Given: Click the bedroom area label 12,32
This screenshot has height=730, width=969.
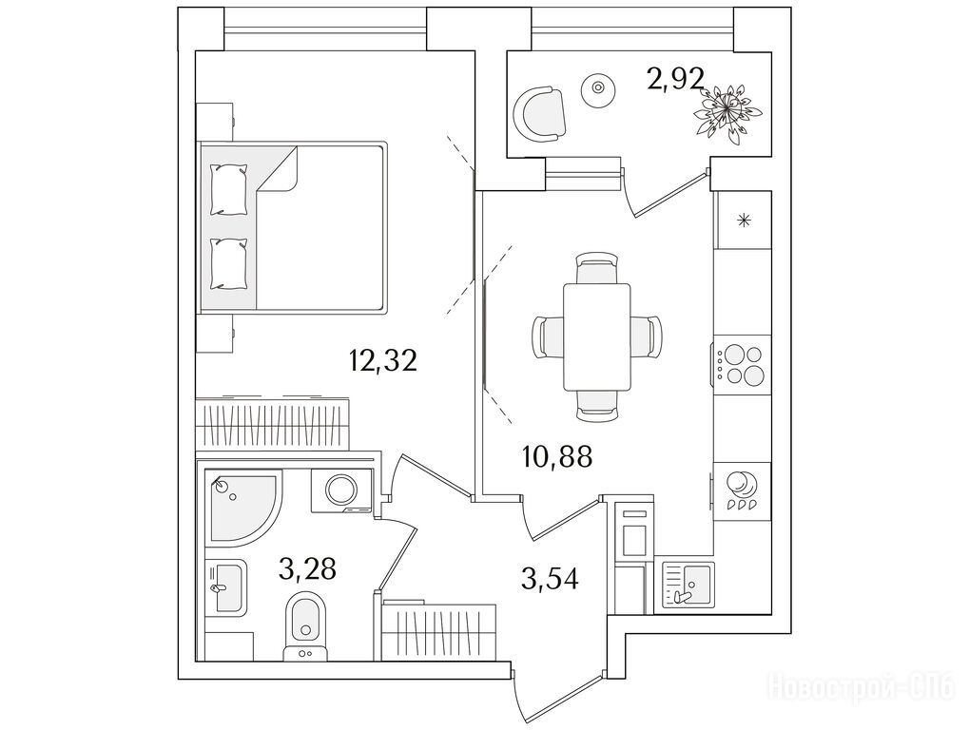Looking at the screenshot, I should pyautogui.click(x=384, y=360).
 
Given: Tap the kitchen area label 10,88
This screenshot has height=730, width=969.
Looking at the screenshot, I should pyautogui.click(x=557, y=457).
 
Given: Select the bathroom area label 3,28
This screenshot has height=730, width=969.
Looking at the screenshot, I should pyautogui.click(x=307, y=569).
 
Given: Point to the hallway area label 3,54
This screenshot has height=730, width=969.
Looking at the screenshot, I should pyautogui.click(x=551, y=576).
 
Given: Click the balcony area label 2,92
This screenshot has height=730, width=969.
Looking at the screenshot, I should pyautogui.click(x=675, y=80).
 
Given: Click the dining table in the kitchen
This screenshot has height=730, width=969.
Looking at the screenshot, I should pyautogui.click(x=596, y=336).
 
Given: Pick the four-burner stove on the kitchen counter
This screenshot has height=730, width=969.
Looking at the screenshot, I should pyautogui.click(x=740, y=364).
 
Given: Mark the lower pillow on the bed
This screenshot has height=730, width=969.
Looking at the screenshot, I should pyautogui.click(x=228, y=263).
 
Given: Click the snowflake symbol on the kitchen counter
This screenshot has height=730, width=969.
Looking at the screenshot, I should pyautogui.click(x=745, y=221).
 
